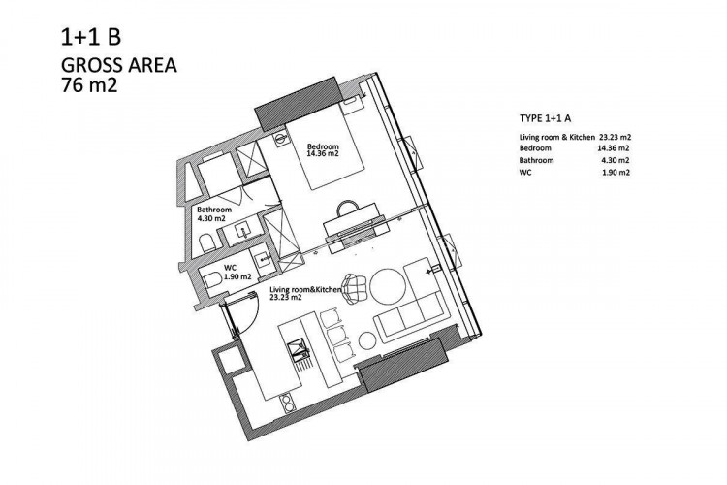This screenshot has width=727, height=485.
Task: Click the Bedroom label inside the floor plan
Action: (322, 146)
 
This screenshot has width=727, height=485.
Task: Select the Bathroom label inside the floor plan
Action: (213, 210)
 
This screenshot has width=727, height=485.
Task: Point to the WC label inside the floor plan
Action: (231, 269)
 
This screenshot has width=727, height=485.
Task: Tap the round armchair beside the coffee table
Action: (356, 288)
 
